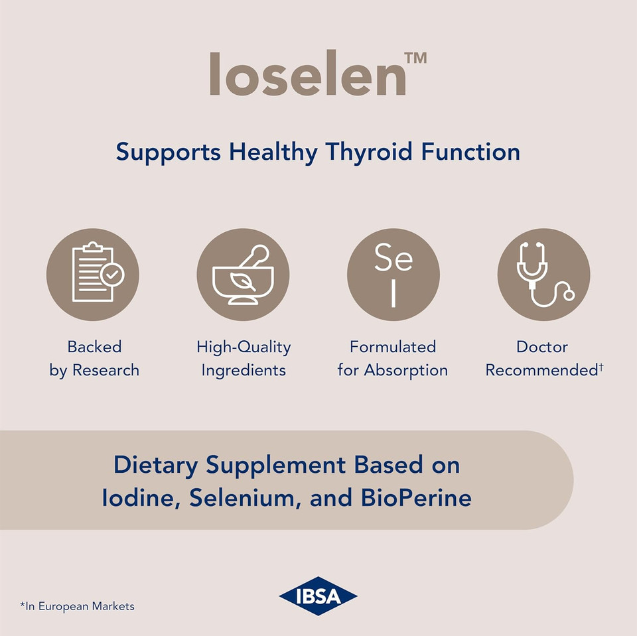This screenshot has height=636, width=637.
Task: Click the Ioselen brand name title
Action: click(x=308, y=74)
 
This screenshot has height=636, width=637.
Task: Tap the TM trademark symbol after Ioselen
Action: click(x=415, y=58)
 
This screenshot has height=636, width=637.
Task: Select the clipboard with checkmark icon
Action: click(x=93, y=275)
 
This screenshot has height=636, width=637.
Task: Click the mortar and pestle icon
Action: click(x=243, y=275)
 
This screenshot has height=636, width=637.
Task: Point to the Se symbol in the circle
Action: click(x=393, y=259)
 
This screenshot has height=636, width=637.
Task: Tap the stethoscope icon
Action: click(x=543, y=275)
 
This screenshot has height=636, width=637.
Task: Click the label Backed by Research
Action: click(x=94, y=358)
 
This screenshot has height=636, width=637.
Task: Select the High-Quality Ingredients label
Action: click(x=244, y=358)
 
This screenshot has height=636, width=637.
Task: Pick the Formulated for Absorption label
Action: click(x=393, y=358)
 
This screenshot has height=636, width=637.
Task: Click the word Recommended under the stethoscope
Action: click(x=541, y=370)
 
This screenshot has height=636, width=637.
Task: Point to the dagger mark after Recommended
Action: click(x=601, y=366)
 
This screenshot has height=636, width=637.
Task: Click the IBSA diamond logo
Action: click(x=318, y=596)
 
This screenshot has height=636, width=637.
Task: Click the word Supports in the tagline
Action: click(x=169, y=152)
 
